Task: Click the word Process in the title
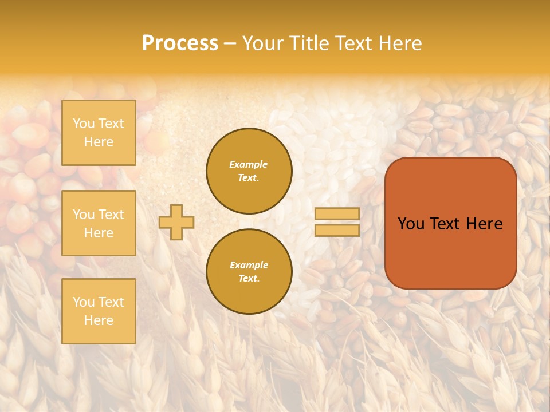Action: pyautogui.click(x=180, y=43)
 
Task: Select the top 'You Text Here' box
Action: pyautogui.click(x=99, y=133)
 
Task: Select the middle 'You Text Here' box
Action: pyautogui.click(x=99, y=223)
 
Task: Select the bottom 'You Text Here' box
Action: pyautogui.click(x=99, y=311)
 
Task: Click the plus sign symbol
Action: pyautogui.click(x=176, y=223)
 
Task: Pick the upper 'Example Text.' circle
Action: pyautogui.click(x=249, y=171)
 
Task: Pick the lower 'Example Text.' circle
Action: pyautogui.click(x=249, y=272)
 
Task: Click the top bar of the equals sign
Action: pyautogui.click(x=337, y=213)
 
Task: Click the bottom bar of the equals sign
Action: pyautogui.click(x=337, y=230)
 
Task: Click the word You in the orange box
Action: pyautogui.click(x=410, y=224)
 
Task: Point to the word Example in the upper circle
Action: pyautogui.click(x=249, y=164)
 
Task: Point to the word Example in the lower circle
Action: pyautogui.click(x=249, y=265)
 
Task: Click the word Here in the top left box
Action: pyautogui.click(x=99, y=142)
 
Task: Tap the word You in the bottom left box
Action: pyautogui.click(x=84, y=302)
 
